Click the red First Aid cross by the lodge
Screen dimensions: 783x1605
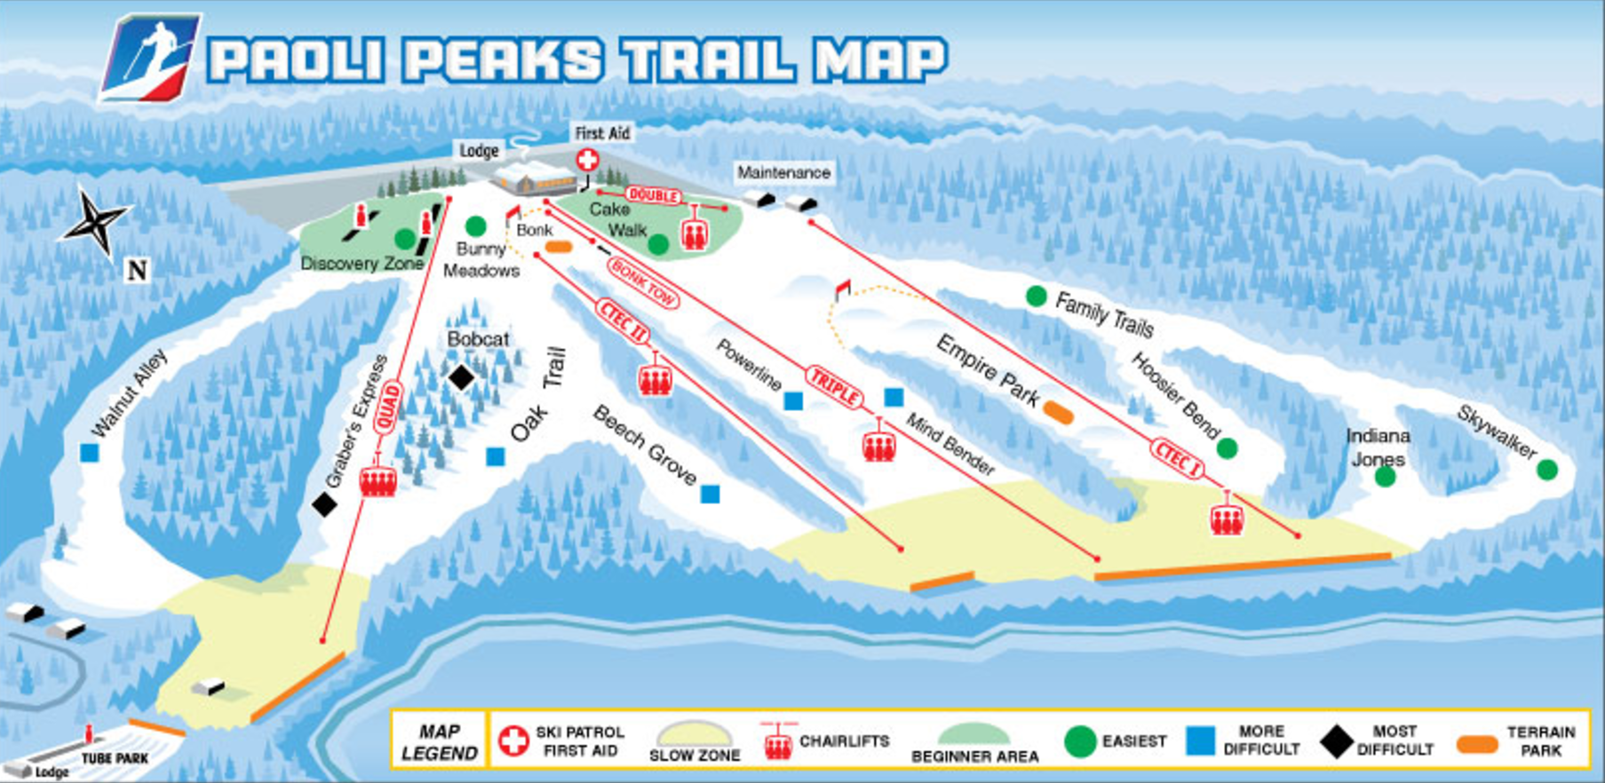tap(587, 161)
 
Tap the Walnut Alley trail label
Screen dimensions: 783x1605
tap(130, 392)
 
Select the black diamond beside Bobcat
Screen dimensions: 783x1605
tap(461, 377)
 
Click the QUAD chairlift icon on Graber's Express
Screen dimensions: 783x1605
tap(377, 480)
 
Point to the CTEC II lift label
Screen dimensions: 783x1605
tap(624, 322)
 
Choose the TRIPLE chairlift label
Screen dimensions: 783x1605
tap(835, 389)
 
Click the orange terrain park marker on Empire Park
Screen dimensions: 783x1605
tap(1058, 412)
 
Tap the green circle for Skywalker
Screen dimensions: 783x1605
tap(1547, 470)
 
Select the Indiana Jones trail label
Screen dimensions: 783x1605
tap(1378, 447)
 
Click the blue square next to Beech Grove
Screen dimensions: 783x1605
tap(710, 494)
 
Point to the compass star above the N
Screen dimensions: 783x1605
tap(96, 221)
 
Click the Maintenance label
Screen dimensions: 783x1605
tap(783, 172)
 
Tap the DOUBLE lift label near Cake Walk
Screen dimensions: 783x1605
tap(654, 195)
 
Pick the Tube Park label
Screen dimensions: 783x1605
tap(115, 759)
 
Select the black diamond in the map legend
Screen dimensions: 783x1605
tap(1336, 741)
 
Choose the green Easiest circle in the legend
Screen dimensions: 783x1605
tap(1080, 741)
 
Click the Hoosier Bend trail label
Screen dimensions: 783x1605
tap(1175, 394)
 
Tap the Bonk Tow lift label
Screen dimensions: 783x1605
tap(644, 283)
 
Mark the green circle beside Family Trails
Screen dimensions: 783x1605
tap(1036, 296)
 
